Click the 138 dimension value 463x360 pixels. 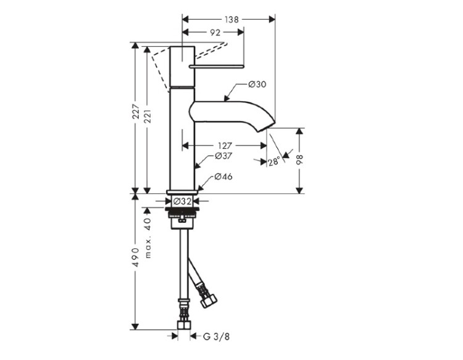click(x=231, y=20)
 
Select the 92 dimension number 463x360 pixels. click(x=215, y=33)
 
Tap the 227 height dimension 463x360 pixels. click(x=136, y=111)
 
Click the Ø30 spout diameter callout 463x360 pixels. click(x=257, y=85)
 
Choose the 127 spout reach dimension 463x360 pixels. click(x=225, y=146)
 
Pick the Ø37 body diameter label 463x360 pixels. click(x=223, y=156)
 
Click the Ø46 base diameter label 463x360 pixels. click(x=223, y=177)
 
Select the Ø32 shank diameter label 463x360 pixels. click(x=183, y=201)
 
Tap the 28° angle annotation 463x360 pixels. click(x=273, y=162)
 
